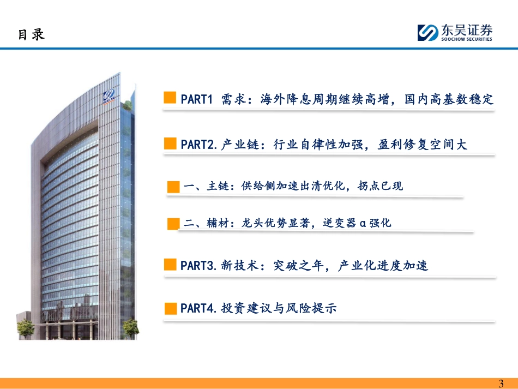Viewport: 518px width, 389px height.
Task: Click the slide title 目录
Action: pyautogui.click(x=31, y=35)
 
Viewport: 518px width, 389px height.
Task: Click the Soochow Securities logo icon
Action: pyautogui.click(x=428, y=33)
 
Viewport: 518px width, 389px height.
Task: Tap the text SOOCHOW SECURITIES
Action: pyautogui.click(x=466, y=39)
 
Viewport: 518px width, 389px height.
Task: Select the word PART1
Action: pyautogui.click(x=196, y=99)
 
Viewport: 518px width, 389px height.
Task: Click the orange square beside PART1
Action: pyautogui.click(x=170, y=98)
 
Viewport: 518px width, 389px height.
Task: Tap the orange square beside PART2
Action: pyautogui.click(x=170, y=143)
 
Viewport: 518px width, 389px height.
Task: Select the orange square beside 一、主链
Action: pyautogui.click(x=173, y=187)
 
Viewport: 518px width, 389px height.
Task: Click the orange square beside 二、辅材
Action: pyautogui.click(x=173, y=224)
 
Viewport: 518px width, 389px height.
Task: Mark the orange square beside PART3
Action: pyautogui.click(x=170, y=265)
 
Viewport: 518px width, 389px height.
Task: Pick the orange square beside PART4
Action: pyautogui.click(x=171, y=308)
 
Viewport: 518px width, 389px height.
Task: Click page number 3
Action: pyautogui.click(x=501, y=384)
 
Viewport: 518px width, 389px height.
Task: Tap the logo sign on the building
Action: pyautogui.click(x=109, y=96)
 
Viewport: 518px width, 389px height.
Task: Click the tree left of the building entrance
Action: pyautogui.click(x=26, y=328)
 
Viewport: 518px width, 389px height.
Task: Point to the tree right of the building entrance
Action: pyautogui.click(x=130, y=328)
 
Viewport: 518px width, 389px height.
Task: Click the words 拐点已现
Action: pyautogui.click(x=380, y=186)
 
